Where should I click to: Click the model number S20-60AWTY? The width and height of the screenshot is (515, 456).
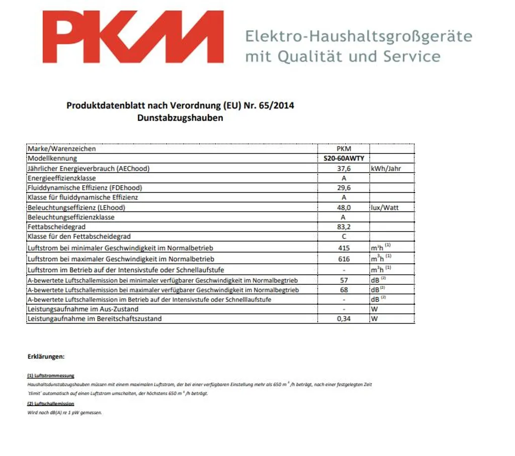coord(344,158)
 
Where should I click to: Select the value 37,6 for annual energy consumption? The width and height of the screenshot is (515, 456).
coord(344,168)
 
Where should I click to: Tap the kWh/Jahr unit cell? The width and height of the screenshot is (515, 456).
coord(386,168)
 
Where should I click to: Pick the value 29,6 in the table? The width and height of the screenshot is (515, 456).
coord(344,188)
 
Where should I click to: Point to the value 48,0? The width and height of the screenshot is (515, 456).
coord(344,207)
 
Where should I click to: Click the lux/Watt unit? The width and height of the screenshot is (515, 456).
coord(385,207)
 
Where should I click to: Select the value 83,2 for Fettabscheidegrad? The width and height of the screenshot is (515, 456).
coord(344,227)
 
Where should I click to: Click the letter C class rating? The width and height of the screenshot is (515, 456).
coord(344,237)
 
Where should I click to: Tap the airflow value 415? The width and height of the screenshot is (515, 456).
coord(344,248)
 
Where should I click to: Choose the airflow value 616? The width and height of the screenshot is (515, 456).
coord(344,259)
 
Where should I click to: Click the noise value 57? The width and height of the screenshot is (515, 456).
coord(344,280)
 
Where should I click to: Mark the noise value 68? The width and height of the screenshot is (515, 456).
coord(344,290)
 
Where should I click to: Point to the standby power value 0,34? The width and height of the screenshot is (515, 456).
coord(344,319)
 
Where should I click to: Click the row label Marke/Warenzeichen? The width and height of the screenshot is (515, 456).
coord(61,148)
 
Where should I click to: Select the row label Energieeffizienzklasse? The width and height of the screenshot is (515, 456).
coord(61,178)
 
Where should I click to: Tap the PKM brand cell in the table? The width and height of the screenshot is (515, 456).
coord(344,148)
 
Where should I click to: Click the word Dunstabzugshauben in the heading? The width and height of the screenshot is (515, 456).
coord(180,118)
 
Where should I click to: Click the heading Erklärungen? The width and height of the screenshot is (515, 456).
coord(46,356)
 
